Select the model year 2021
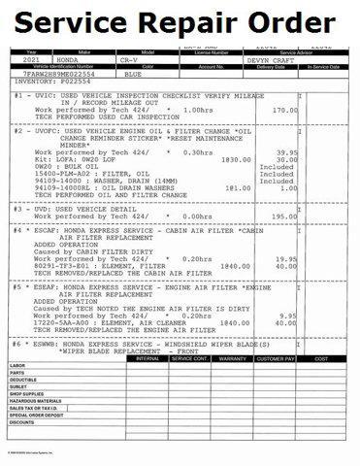(30, 60)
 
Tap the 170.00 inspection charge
(284, 111)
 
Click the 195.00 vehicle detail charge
(284, 216)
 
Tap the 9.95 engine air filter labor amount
(288, 315)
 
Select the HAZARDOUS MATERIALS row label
(35, 401)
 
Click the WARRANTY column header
(233, 358)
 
